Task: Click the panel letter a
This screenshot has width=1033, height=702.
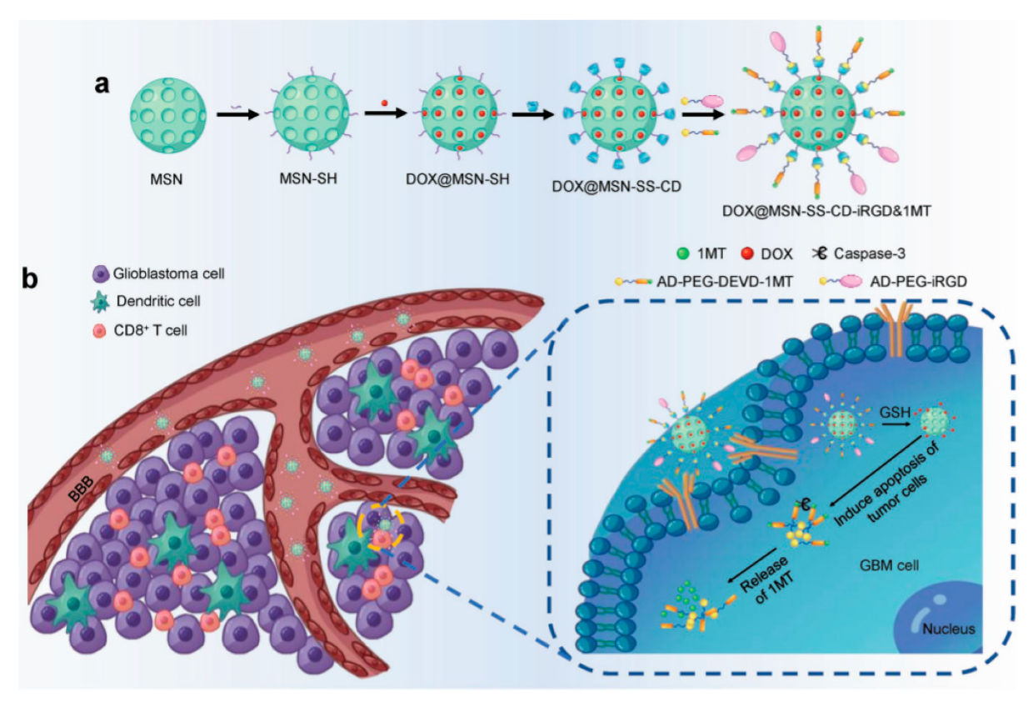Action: [x=102, y=85]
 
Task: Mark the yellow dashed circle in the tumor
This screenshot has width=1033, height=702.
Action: [x=382, y=529]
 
